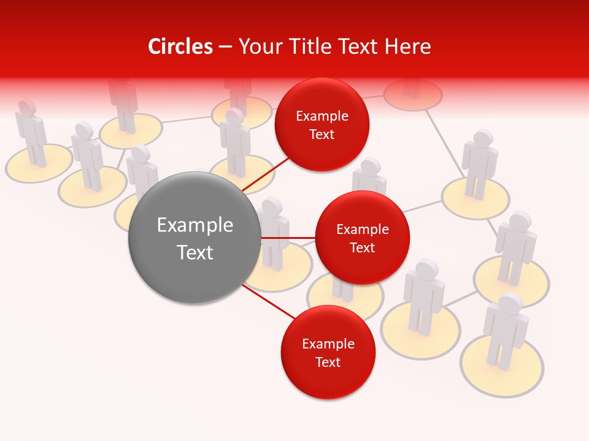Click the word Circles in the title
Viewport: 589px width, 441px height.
[x=180, y=47]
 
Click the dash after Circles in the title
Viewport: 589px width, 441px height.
[x=225, y=47]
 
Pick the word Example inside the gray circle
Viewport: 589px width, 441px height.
[x=194, y=225]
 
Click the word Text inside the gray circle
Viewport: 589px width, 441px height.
[x=194, y=252]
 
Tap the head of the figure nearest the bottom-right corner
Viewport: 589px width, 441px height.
[x=510, y=303]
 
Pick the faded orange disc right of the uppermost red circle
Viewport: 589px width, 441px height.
[x=413, y=94]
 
